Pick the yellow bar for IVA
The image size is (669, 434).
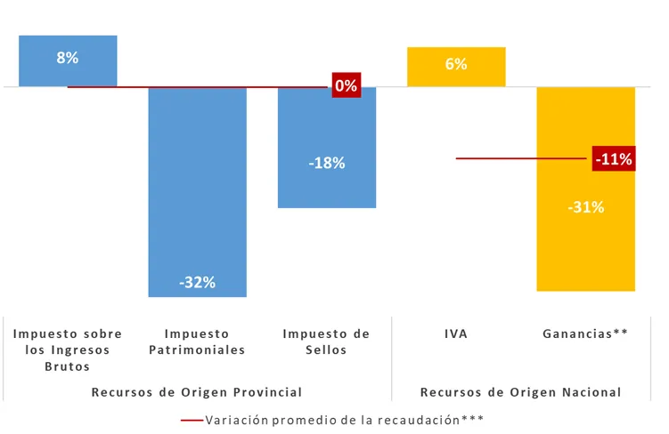pos(456,76)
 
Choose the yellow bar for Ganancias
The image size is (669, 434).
pos(585,249)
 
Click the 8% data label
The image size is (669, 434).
pos(68,58)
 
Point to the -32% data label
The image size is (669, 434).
pos(197,283)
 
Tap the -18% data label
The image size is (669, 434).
pos(326,164)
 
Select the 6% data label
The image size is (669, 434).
pos(456,64)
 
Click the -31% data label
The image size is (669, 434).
pos(585,207)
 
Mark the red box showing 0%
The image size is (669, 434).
pos(345,86)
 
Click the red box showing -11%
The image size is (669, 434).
pos(614,159)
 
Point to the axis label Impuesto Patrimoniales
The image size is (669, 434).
pos(197,342)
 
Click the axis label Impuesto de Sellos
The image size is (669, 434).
pos(326,342)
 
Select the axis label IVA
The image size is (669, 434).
pos(456,334)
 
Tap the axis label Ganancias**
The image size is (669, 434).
pos(585,334)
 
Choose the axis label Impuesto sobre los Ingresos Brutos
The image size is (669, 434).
pos(68,350)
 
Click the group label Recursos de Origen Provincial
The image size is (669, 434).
pos(197,392)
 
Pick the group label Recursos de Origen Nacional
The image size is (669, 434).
pos(520,392)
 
